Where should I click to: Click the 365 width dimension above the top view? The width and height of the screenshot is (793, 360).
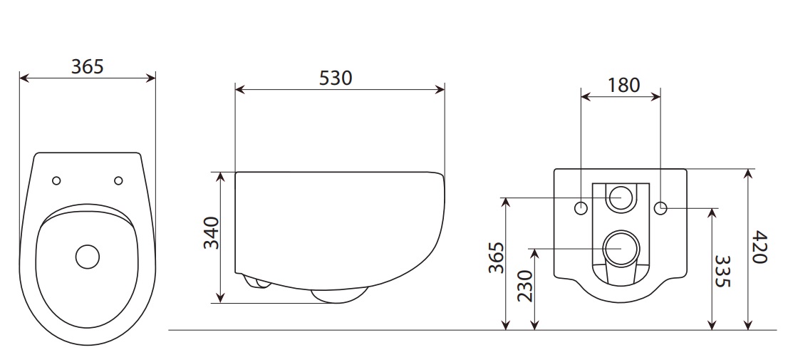point(87,67)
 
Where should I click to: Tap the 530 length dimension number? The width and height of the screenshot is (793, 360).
point(336,78)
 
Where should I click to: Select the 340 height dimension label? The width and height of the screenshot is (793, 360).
point(212,233)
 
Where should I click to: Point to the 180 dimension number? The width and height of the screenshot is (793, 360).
point(623,85)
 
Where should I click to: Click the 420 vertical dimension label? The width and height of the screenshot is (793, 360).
point(759,247)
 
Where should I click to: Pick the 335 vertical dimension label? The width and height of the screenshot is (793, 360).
point(722,271)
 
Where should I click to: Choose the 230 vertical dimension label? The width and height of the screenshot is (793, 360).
point(526,286)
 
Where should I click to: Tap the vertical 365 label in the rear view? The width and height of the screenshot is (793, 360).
point(497,257)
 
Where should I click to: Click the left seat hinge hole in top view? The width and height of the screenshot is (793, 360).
point(57,181)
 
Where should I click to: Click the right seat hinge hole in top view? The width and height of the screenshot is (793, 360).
point(118,181)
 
